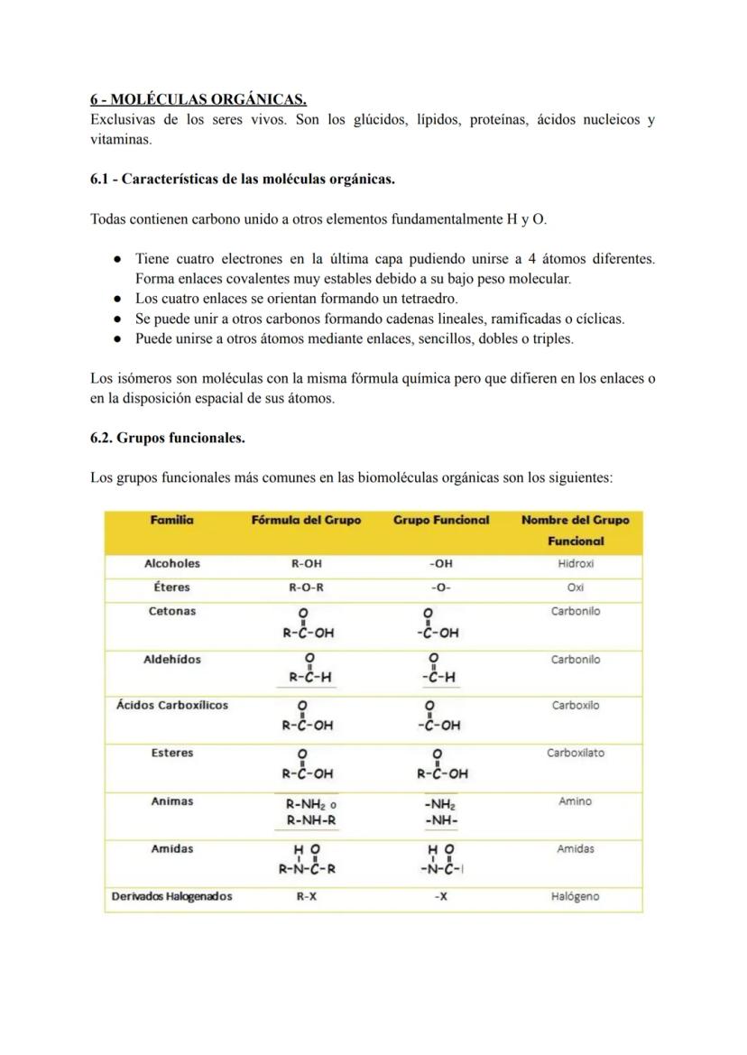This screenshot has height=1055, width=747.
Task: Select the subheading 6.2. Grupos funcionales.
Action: coord(167,438)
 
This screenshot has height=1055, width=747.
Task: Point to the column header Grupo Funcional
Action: coord(441,520)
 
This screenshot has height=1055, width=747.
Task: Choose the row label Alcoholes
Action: coord(171,563)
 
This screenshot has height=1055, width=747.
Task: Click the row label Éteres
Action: coord(171,588)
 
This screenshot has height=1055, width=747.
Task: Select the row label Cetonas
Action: coord(171,611)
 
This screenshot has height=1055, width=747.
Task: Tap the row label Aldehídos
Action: coord(171,660)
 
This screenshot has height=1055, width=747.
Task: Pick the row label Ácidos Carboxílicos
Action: coord(171,706)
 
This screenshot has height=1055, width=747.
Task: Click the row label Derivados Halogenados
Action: coord(171,897)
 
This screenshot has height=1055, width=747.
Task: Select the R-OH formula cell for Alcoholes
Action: coord(306,564)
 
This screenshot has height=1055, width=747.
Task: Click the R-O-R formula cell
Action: coord(306,588)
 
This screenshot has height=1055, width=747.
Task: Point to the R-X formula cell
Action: coord(306,897)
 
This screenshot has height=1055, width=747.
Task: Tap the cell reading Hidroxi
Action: coord(576,564)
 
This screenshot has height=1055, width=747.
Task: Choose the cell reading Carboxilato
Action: coord(576,753)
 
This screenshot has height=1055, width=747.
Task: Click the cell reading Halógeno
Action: coord(576,897)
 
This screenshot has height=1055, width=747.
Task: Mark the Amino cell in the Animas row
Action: coord(576,801)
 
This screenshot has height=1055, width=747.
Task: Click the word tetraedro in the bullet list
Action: coord(429,298)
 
